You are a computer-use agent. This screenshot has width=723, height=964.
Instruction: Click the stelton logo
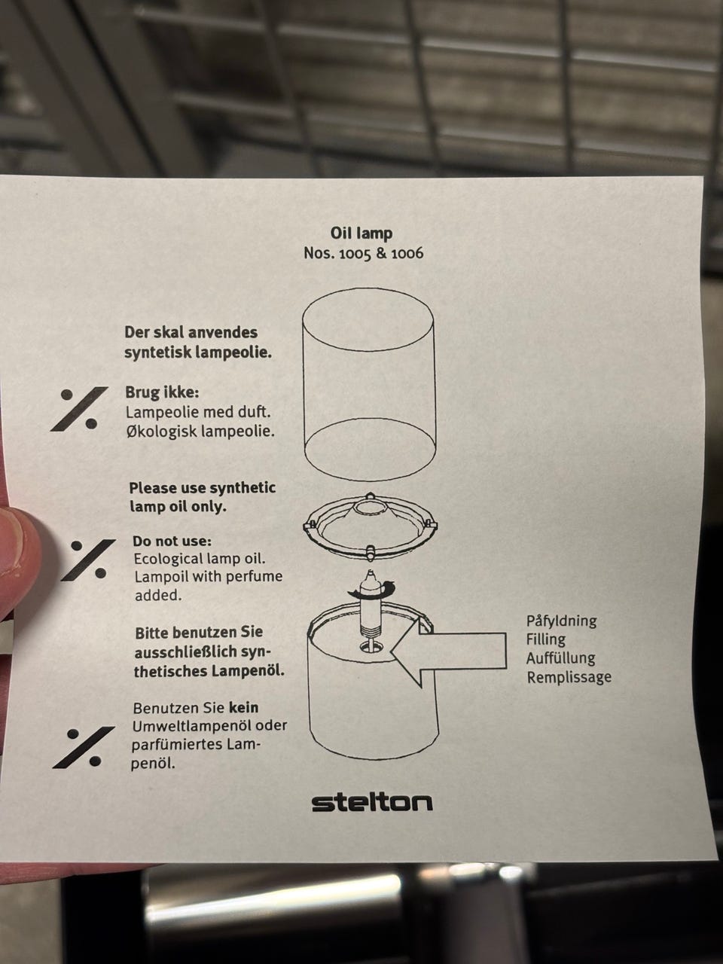click(372, 804)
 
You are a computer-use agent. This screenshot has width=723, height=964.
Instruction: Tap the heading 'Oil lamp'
click(361, 233)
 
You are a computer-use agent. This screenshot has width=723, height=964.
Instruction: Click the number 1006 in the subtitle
click(407, 254)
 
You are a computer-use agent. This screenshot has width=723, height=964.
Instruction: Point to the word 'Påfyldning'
click(562, 621)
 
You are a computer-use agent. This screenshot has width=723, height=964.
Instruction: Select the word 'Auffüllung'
click(561, 658)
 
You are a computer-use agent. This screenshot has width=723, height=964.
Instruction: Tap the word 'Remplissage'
click(569, 677)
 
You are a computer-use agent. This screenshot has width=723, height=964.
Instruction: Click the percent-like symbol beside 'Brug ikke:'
click(79, 409)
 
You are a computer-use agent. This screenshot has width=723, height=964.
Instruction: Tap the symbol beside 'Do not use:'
click(88, 560)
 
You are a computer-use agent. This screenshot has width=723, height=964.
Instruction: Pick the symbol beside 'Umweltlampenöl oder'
click(84, 748)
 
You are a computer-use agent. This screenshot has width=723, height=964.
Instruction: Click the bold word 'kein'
click(243, 708)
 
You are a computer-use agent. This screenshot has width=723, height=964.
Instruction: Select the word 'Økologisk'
click(161, 432)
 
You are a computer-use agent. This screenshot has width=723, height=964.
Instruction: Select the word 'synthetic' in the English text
click(243, 488)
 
